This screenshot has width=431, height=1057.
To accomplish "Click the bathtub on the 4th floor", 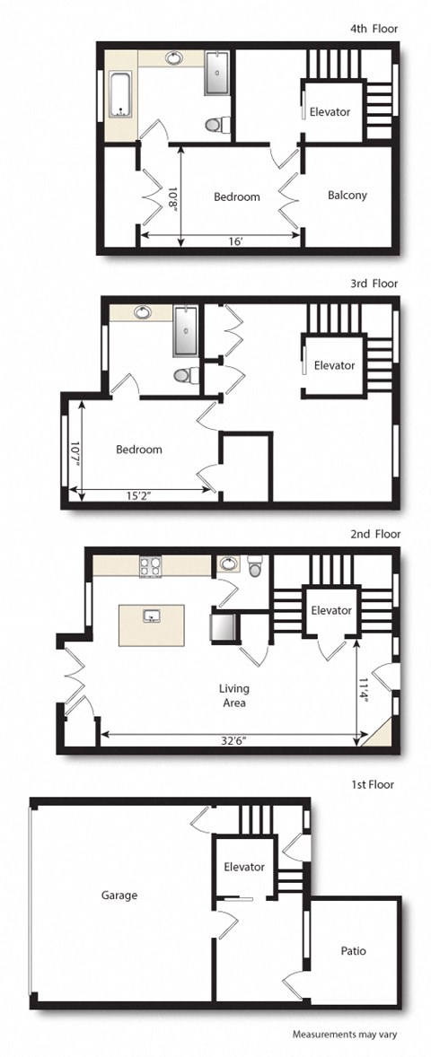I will pyautogui.click(x=119, y=92).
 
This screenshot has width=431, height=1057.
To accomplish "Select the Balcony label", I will pyautogui.click(x=347, y=195).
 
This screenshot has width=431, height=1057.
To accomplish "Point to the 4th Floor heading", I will pyautogui.click(x=374, y=29).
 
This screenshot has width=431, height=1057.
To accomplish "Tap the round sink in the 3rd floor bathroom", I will pyautogui.click(x=143, y=313).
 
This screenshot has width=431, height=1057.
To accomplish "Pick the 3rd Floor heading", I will pyautogui.click(x=374, y=284).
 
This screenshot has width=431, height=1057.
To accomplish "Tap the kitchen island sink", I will pyautogui.click(x=152, y=616).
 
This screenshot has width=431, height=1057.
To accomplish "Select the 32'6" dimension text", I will pyautogui.click(x=233, y=740).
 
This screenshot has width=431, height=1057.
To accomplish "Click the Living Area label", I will pyautogui.click(x=233, y=695).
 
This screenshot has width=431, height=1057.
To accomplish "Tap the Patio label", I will pyautogui.click(x=353, y=950).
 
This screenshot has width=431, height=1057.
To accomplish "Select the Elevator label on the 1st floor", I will pyautogui.click(x=244, y=867).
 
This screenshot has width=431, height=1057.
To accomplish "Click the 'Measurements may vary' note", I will pyautogui.click(x=344, y=1034).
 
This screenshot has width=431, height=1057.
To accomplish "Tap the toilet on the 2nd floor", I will pyautogui.click(x=254, y=568).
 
